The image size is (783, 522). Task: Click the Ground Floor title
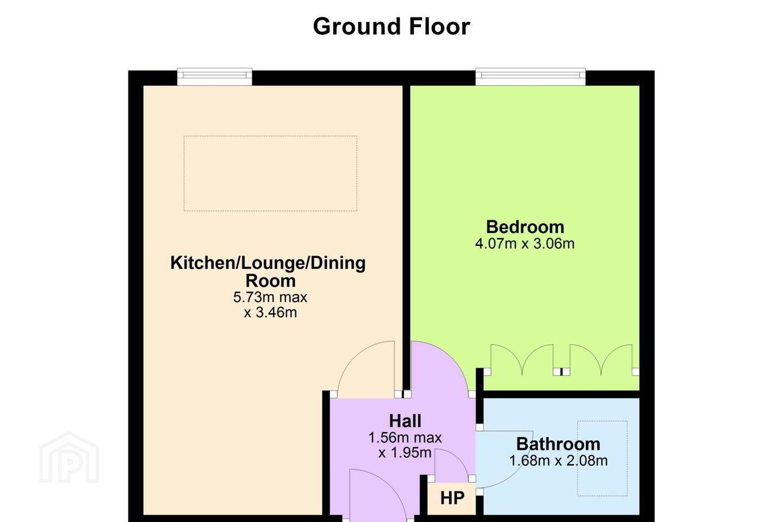click(x=391, y=27)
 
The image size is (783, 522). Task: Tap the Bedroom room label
click(x=525, y=227)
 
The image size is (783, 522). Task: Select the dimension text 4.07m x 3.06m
click(x=525, y=244)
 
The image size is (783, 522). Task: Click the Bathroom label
click(x=558, y=444)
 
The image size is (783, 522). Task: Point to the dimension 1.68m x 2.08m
click(x=558, y=461)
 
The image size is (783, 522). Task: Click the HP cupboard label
click(x=452, y=498)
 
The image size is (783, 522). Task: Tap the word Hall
click(x=405, y=421)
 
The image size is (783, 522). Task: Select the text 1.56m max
click(x=405, y=438)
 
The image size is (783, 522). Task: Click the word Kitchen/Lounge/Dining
click(x=268, y=263)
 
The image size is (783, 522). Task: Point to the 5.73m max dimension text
click(x=270, y=297)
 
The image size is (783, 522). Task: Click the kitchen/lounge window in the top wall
click(x=215, y=77)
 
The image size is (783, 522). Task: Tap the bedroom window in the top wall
click(x=530, y=77)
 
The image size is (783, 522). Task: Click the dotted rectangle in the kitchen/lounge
click(x=270, y=136)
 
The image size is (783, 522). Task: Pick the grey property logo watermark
click(x=69, y=457)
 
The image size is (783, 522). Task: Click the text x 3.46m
click(x=270, y=312)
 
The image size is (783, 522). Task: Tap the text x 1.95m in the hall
click(x=405, y=453)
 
